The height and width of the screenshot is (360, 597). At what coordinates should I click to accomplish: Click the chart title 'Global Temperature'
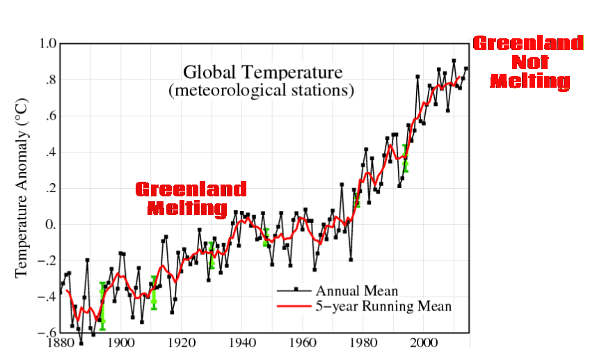pyautogui.click(x=263, y=72)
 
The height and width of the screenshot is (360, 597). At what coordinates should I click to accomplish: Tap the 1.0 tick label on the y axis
pyautogui.click(x=47, y=44)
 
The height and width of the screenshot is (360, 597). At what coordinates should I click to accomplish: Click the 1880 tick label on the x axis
pyautogui.click(x=61, y=344)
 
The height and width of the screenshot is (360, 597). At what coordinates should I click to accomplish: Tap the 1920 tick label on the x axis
pyautogui.click(x=181, y=344)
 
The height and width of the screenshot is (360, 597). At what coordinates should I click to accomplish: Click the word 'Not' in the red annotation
pyautogui.click(x=528, y=63)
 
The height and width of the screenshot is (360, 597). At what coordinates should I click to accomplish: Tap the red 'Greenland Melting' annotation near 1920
pyautogui.click(x=190, y=198)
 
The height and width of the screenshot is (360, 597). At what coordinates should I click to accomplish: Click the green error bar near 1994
pyautogui.click(x=405, y=158)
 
